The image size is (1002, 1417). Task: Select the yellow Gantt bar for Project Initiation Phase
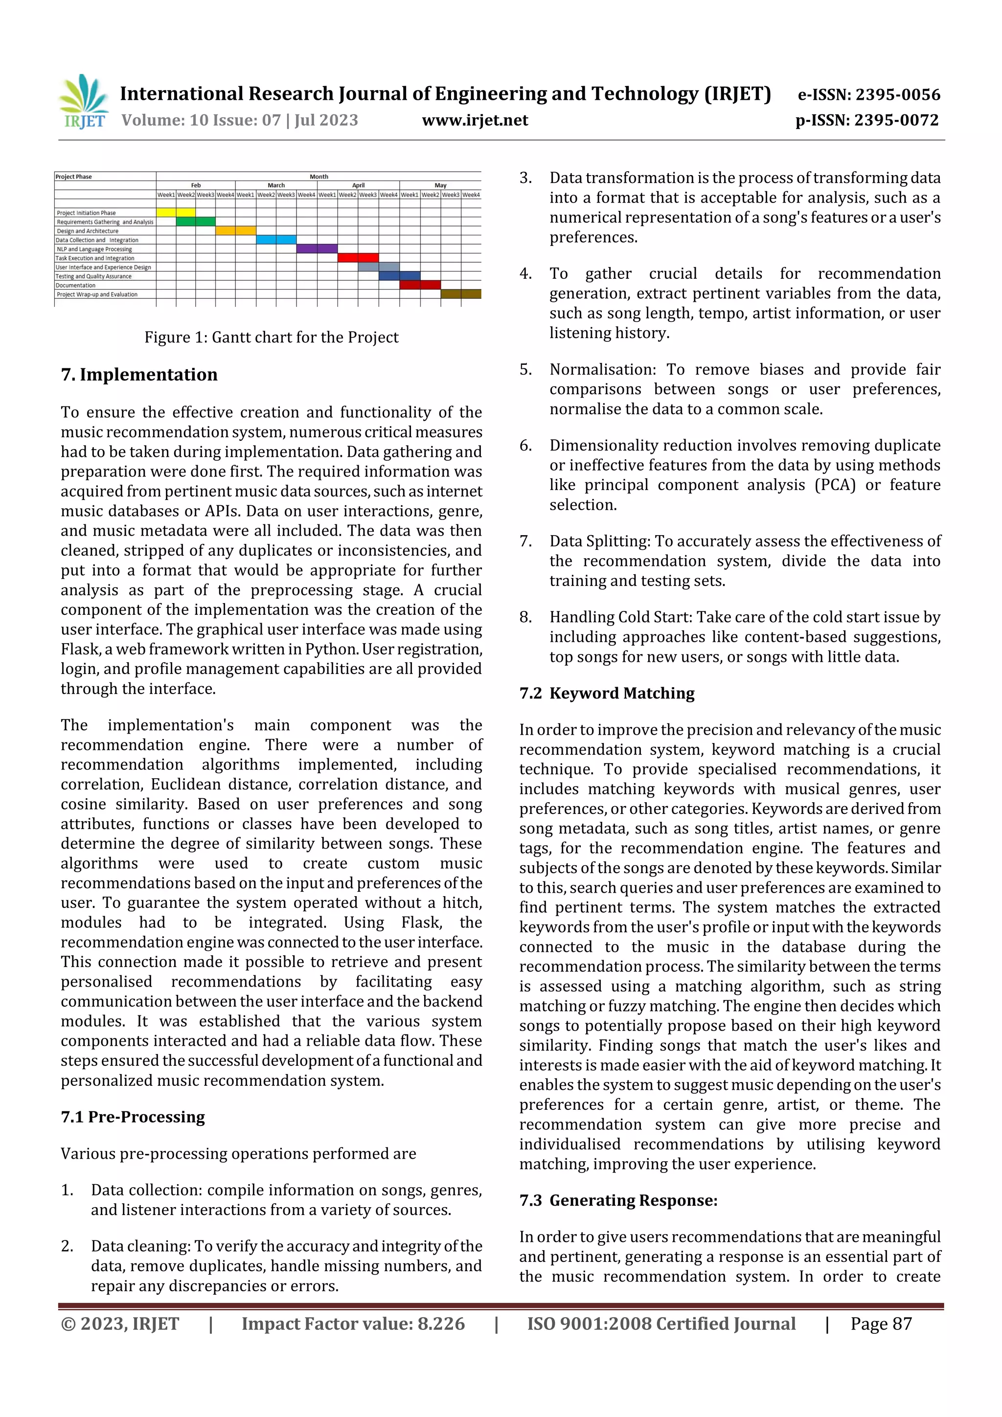(x=176, y=212)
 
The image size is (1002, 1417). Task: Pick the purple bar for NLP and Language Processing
(x=317, y=248)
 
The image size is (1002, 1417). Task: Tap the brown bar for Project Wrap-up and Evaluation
(x=460, y=294)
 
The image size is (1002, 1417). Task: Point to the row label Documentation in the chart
(x=76, y=285)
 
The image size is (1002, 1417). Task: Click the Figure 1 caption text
(x=271, y=337)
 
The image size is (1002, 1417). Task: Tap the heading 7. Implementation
(x=139, y=375)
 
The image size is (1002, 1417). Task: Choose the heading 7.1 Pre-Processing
(x=133, y=1117)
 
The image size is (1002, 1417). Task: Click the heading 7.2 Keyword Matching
(x=607, y=693)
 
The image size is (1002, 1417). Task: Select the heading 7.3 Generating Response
(x=618, y=1200)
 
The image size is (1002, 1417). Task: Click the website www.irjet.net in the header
(x=475, y=120)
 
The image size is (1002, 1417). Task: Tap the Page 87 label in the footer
(x=881, y=1323)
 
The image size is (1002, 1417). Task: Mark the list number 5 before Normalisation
(x=525, y=370)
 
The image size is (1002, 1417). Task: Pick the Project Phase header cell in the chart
(x=74, y=177)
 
